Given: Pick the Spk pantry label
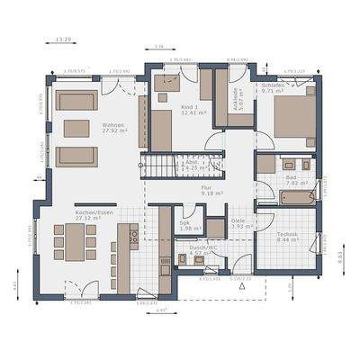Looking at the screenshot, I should tap(184, 225).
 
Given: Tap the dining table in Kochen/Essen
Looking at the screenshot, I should tap(76, 242).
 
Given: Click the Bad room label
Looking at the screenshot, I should tap(293, 178).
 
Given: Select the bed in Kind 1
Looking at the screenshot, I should tap(164, 130).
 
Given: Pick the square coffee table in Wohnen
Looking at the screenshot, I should tap(76, 128).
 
